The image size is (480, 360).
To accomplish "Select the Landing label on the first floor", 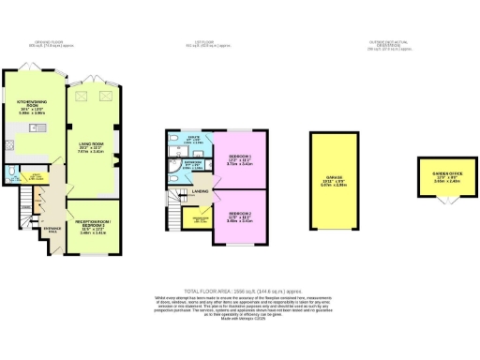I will click(201, 192).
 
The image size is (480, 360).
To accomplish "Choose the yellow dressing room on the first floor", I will click(199, 222).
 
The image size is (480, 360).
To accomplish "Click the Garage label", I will click(334, 182).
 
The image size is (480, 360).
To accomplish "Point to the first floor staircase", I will click(174, 207).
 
